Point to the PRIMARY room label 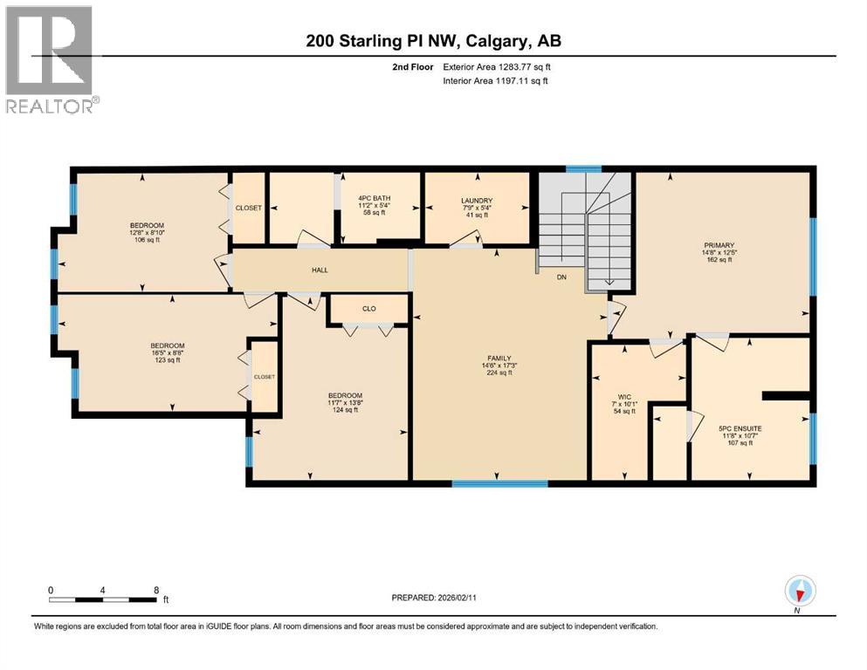722,245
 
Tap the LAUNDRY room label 478,200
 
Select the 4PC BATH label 375,199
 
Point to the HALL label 320,270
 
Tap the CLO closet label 368,308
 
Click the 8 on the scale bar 155,590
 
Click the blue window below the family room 500,482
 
